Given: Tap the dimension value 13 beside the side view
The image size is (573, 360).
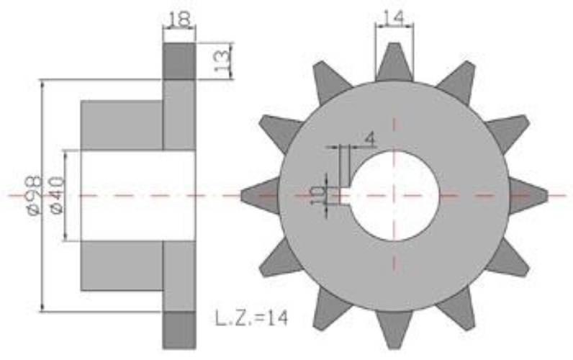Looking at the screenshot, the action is coord(222,60).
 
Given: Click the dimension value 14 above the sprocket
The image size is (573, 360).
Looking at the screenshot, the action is coord(394,17).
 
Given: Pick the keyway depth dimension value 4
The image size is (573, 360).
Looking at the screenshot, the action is coord(371,139).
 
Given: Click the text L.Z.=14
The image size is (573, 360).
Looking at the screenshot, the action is coord(251,318).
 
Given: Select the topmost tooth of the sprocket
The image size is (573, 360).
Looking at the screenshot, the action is coord(394,62).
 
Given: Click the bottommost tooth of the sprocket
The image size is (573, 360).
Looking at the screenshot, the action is coord(394,329).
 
